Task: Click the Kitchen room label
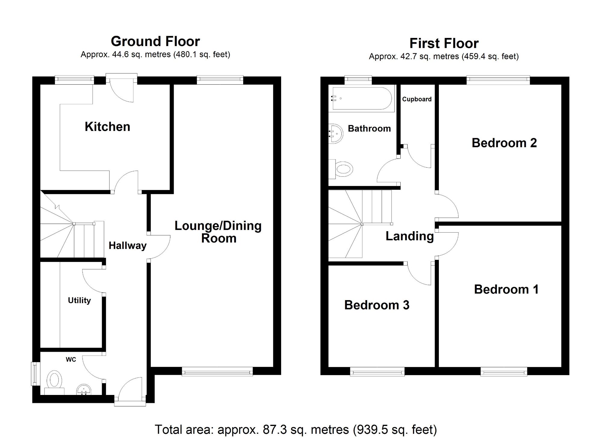click(107, 127)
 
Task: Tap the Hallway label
click(128, 246)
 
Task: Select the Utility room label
click(79, 300)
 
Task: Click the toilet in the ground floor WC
click(54, 383)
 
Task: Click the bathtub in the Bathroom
click(362, 98)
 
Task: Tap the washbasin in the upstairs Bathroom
click(336, 134)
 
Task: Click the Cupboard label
click(417, 99)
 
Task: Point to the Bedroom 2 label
click(504, 143)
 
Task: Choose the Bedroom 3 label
click(377, 305)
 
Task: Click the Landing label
click(410, 236)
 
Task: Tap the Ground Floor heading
click(155, 41)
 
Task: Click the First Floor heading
click(444, 43)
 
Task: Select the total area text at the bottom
click(296, 430)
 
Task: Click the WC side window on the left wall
click(36, 374)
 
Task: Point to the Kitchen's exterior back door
click(122, 87)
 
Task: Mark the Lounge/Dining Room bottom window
click(217, 371)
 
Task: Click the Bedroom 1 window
click(504, 371)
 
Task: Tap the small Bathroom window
click(358, 79)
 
